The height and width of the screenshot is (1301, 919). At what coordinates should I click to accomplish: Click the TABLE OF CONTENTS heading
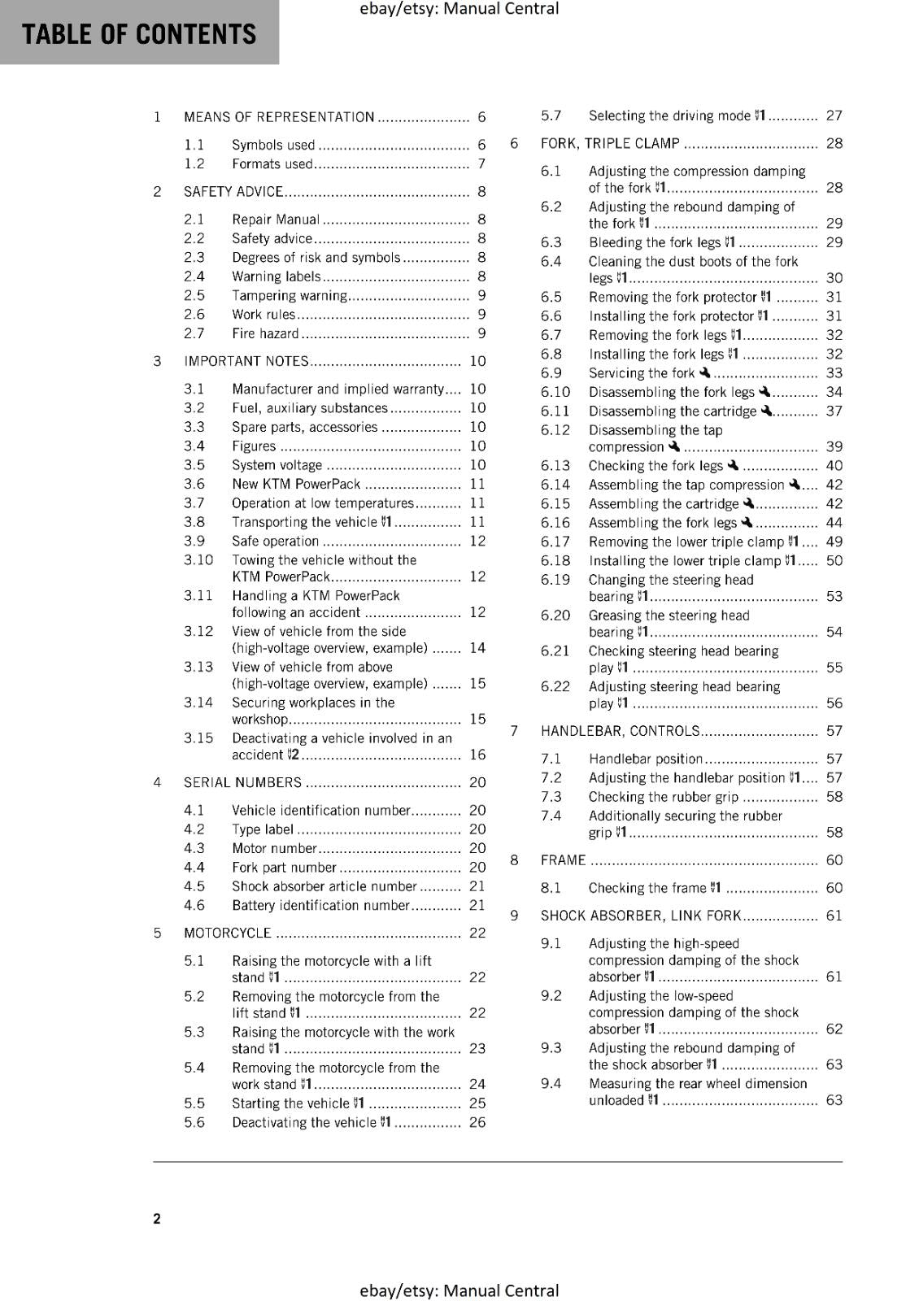pyautogui.click(x=139, y=34)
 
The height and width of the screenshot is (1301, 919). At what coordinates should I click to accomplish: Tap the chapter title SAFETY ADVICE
pyautogui.click(x=233, y=192)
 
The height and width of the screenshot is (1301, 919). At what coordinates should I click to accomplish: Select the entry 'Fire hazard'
pyautogui.click(x=265, y=333)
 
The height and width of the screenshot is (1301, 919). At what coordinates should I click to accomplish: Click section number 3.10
pyautogui.click(x=198, y=559)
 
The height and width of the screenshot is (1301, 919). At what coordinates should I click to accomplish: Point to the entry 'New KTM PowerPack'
pyautogui.click(x=296, y=484)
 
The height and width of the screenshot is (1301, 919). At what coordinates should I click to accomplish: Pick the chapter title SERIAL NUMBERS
pyautogui.click(x=242, y=782)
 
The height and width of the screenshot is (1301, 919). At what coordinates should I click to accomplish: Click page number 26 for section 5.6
pyautogui.click(x=477, y=1123)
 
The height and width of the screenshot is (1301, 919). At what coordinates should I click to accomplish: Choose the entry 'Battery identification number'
pyautogui.click(x=320, y=906)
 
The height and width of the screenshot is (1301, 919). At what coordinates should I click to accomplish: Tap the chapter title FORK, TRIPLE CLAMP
pyautogui.click(x=610, y=144)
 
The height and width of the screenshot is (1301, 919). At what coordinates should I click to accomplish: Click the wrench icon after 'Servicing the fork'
pyautogui.click(x=704, y=372)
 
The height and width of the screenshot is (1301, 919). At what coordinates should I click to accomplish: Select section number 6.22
pyautogui.click(x=555, y=686)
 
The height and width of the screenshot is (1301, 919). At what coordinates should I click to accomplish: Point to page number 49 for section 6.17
pyautogui.click(x=834, y=542)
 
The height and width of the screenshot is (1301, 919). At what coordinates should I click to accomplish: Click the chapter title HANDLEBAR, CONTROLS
pyautogui.click(x=620, y=731)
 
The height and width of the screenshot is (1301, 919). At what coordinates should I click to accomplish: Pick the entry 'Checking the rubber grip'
pyautogui.click(x=664, y=797)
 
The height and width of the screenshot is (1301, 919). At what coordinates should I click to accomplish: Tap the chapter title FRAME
pyautogui.click(x=563, y=860)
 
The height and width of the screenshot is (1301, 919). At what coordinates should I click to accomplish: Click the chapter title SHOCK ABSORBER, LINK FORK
pyautogui.click(x=641, y=916)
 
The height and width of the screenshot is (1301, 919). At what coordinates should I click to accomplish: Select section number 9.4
pyautogui.click(x=551, y=1084)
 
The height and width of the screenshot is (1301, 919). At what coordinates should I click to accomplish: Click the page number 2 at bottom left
pyautogui.click(x=157, y=1218)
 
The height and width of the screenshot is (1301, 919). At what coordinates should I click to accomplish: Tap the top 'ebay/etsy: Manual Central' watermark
pyautogui.click(x=459, y=9)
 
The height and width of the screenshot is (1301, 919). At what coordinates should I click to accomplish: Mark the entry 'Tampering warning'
pyautogui.click(x=290, y=296)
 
